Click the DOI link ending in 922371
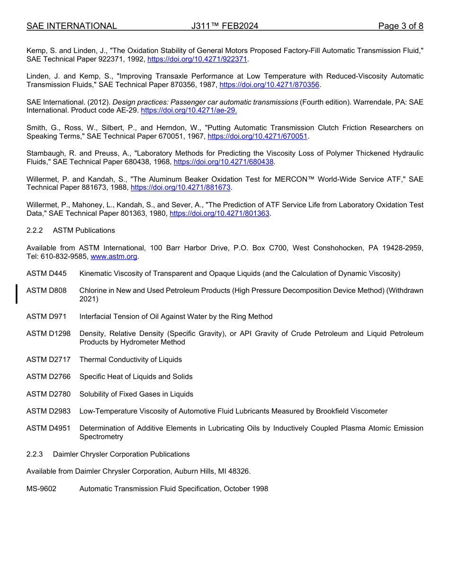197,59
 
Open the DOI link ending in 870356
270,85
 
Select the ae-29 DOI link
189,111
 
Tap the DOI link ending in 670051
258,136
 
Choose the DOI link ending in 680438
224,162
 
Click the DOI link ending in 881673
180,188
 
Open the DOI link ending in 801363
219,213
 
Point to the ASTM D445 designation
46,273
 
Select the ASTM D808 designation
46,291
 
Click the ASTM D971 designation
46,317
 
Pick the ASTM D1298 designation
48,334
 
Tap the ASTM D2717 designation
48,360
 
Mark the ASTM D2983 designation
48,411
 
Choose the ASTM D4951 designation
48,428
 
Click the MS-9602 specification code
41,489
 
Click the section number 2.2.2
35,230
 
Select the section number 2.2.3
35,454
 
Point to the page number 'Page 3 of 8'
401,26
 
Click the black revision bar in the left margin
17,294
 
